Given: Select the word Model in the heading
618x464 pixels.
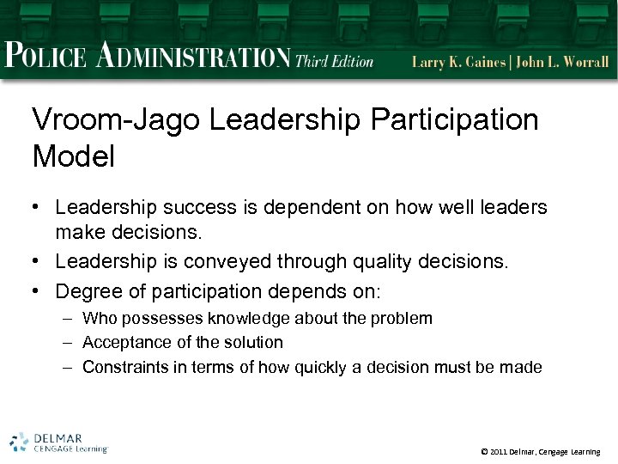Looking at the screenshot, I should coord(73,156).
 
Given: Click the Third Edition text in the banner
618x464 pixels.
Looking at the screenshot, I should coord(335,60).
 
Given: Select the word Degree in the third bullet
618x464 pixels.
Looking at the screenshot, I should coord(85,291).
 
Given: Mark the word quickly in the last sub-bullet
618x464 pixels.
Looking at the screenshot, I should coord(324,367).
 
